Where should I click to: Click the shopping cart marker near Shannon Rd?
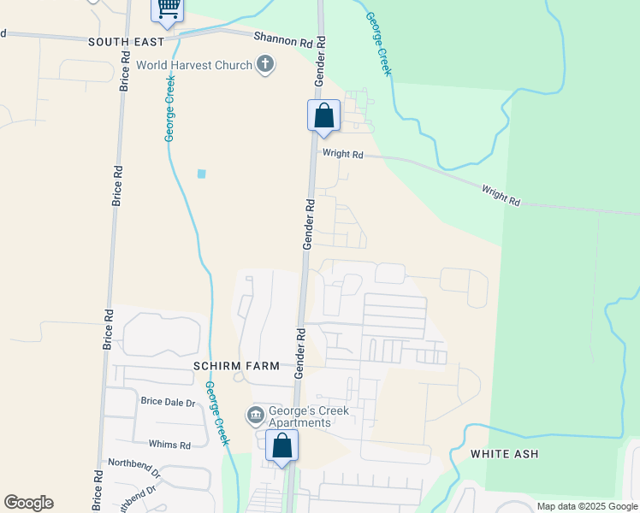pyautogui.click(x=168, y=9)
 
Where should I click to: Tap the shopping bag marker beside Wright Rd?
pyautogui.click(x=324, y=115)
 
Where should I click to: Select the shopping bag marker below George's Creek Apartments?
pyautogui.click(x=282, y=445)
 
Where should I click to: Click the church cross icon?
pyautogui.click(x=265, y=65)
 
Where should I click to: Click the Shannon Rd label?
pyautogui.click(x=283, y=40)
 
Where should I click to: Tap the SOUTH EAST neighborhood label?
pyautogui.click(x=126, y=41)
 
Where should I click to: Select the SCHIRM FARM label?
pyautogui.click(x=236, y=366)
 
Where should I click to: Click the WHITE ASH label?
pyautogui.click(x=504, y=454)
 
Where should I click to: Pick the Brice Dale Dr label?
pyautogui.click(x=168, y=402)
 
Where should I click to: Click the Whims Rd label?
pyautogui.click(x=169, y=445)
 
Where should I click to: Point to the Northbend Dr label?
pyautogui.click(x=134, y=467)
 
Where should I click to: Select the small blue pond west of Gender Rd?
pyautogui.click(x=202, y=174)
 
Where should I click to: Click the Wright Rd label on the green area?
pyautogui.click(x=501, y=195)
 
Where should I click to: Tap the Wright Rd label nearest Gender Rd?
pyautogui.click(x=342, y=155)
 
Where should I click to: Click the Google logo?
pyautogui.click(x=28, y=503)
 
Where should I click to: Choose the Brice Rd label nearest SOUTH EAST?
pyautogui.click(x=126, y=72)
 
